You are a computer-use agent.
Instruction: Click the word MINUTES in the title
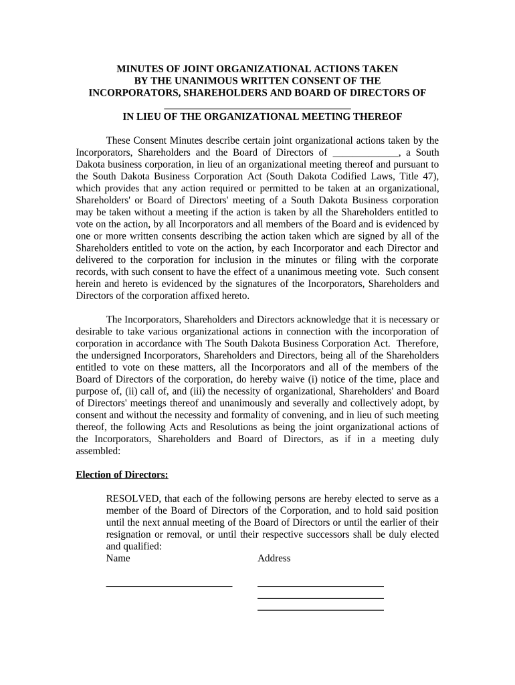tap(142, 69)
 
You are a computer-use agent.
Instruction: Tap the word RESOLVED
tap(133, 498)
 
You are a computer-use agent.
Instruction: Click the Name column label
tap(118, 558)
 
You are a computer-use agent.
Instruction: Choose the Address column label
tap(274, 558)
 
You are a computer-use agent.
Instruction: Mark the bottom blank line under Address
tap(320, 609)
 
